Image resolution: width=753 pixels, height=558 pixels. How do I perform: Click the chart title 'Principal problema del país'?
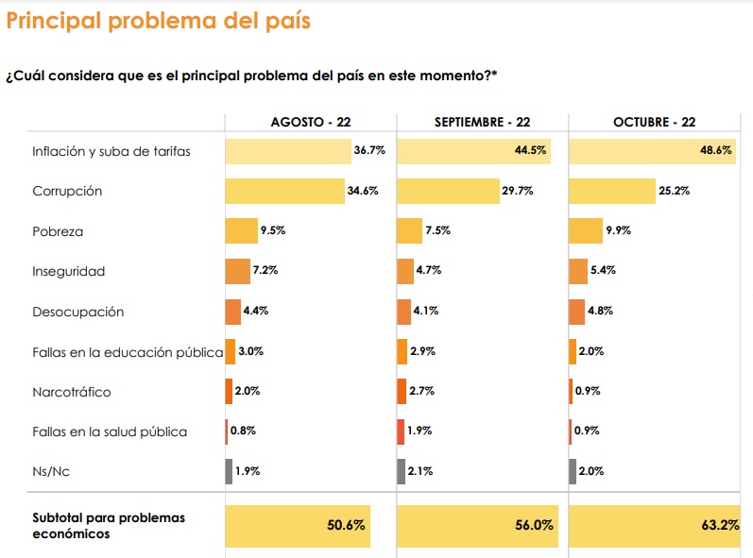[158, 21]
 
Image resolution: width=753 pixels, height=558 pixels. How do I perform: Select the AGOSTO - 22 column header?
[310, 123]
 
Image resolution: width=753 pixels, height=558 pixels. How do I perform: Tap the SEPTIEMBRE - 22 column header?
[482, 123]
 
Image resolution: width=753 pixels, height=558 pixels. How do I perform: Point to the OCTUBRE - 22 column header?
[654, 123]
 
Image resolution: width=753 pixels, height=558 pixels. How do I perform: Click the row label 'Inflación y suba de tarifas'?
[111, 151]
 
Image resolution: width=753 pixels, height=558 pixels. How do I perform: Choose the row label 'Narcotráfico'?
[71, 392]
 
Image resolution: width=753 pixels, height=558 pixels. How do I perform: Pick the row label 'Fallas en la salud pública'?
[110, 431]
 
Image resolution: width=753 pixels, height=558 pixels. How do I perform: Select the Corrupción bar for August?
[284, 191]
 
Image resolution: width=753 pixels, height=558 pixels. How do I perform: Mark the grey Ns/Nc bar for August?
[229, 471]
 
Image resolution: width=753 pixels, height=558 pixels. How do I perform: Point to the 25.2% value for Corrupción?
[675, 191]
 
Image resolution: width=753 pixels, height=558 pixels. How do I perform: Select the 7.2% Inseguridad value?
[265, 271]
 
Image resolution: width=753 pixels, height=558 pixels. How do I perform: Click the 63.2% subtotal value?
[721, 525]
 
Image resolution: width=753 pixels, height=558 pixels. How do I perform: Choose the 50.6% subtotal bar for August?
[297, 526]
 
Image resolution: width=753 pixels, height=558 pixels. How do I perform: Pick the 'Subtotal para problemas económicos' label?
[109, 526]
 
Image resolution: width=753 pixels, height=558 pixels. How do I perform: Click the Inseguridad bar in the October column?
[578, 271]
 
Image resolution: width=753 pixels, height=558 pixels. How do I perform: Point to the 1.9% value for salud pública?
[420, 431]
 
